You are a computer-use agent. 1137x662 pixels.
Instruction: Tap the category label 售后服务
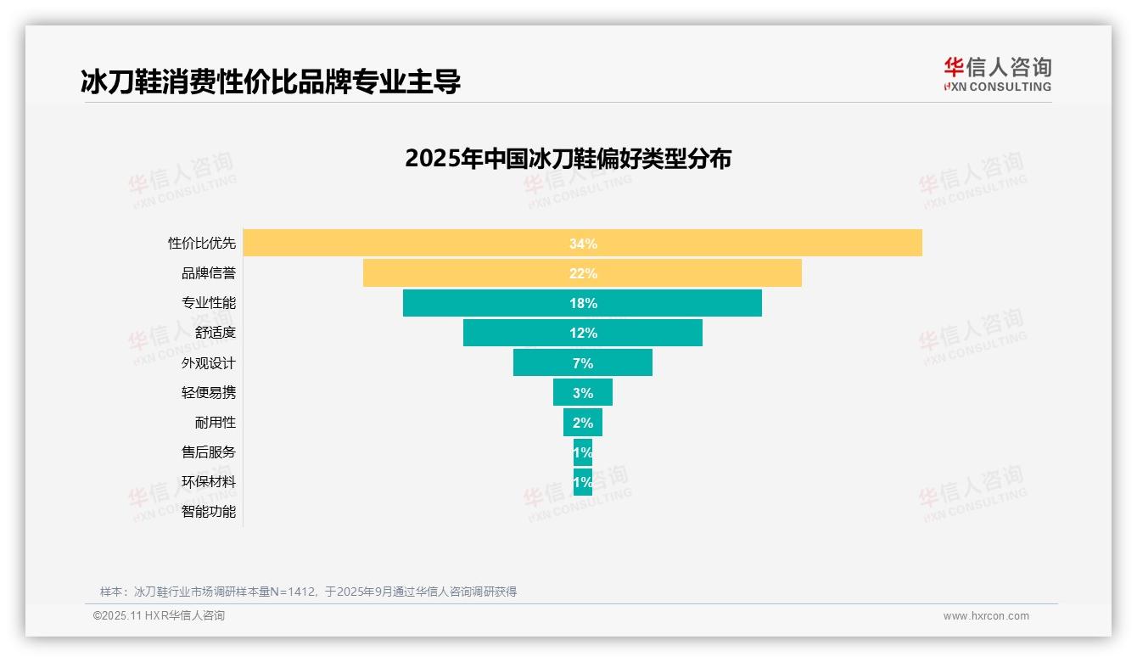(209, 452)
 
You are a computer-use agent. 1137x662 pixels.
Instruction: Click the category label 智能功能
(209, 512)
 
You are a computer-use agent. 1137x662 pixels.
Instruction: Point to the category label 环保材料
(209, 482)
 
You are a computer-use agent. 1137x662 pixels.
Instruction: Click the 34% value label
(583, 244)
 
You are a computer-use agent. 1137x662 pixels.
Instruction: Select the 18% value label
(583, 303)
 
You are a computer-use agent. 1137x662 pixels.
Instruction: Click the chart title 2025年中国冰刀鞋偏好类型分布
(568, 159)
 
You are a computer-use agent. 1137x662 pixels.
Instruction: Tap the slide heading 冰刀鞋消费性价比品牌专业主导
(271, 82)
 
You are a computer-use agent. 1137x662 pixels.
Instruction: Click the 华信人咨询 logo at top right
(997, 74)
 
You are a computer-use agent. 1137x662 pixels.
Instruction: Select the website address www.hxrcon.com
(986, 616)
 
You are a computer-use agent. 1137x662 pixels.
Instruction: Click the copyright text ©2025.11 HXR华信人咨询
(159, 616)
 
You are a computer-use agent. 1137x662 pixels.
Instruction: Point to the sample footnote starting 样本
(308, 592)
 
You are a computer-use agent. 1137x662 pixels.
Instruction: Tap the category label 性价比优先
(202, 244)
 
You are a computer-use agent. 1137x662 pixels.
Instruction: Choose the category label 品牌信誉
(209, 273)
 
